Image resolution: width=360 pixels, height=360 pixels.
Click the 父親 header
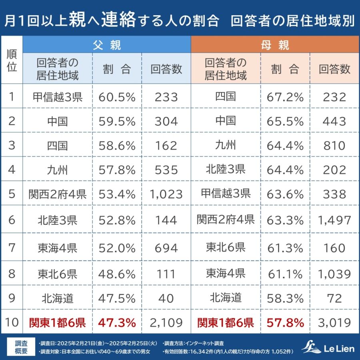[x=106, y=44]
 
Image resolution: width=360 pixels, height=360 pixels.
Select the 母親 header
[x=275, y=44]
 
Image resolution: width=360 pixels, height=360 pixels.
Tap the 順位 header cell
[x=12, y=60]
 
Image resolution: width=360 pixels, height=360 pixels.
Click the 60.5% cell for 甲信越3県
[x=117, y=97]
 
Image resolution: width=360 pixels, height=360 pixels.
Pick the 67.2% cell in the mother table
[x=285, y=97]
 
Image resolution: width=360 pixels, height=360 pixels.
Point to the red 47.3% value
[x=117, y=322]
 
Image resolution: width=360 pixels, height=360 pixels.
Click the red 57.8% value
[x=285, y=322]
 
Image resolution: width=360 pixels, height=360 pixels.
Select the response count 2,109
[x=166, y=322]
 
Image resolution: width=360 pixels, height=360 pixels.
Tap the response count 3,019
[x=334, y=322]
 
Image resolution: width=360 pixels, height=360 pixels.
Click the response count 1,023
[x=166, y=194]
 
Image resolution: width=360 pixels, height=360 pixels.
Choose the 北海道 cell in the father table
[x=57, y=298]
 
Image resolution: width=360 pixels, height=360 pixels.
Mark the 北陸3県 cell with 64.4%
[x=226, y=170]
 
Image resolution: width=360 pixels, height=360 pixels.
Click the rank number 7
[x=12, y=248]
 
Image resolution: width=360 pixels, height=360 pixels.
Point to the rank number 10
[x=12, y=322]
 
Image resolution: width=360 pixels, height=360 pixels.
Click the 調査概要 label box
[x=21, y=347]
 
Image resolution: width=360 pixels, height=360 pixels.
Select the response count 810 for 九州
[x=334, y=145]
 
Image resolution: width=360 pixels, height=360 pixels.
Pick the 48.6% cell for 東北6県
[x=117, y=274]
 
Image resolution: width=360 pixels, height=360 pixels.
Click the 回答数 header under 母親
[x=334, y=69]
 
